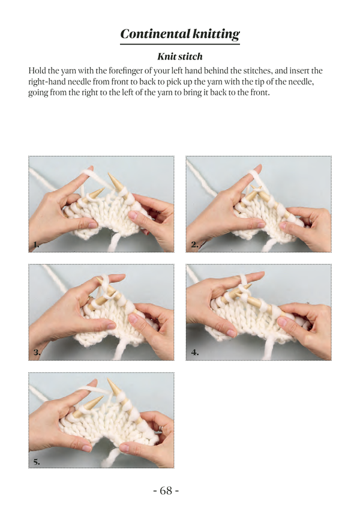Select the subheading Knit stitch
tap(180, 57)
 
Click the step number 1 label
tap(37, 244)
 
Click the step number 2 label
tap(195, 244)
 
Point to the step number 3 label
tap(37, 352)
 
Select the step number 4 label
tap(195, 352)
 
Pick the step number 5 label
tap(37, 461)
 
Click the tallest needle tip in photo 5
tap(110, 382)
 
